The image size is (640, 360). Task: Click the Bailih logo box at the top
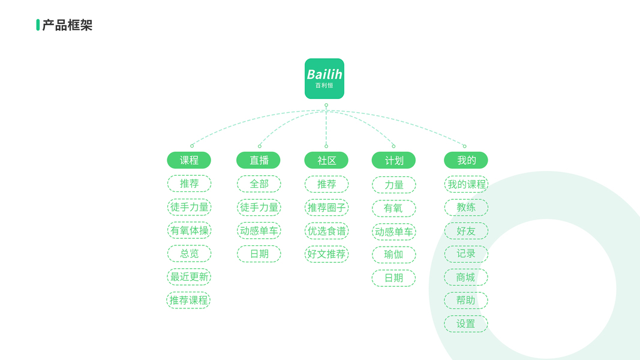[324, 79]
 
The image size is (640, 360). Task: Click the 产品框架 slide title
[67, 25]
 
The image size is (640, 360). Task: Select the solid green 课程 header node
[189, 160]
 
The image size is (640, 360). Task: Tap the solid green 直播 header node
[259, 160]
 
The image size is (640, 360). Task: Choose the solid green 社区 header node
[326, 160]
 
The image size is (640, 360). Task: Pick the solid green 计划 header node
[393, 160]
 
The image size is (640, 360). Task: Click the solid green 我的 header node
[465, 160]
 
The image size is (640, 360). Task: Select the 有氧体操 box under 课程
[189, 230]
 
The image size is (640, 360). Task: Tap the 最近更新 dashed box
[189, 277]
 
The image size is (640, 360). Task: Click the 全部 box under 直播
[259, 184]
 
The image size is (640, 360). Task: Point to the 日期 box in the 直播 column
[259, 254]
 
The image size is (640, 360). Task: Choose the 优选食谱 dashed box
[326, 231]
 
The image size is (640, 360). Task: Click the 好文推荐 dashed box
[326, 254]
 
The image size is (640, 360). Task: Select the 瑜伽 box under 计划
[393, 254]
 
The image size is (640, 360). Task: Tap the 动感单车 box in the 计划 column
[393, 232]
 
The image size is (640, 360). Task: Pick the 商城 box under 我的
[465, 277]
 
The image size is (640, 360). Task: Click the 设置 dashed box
[465, 324]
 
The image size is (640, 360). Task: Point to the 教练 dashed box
[465, 208]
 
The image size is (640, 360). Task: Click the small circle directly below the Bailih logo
[326, 106]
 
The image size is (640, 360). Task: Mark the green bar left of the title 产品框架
[38, 25]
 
